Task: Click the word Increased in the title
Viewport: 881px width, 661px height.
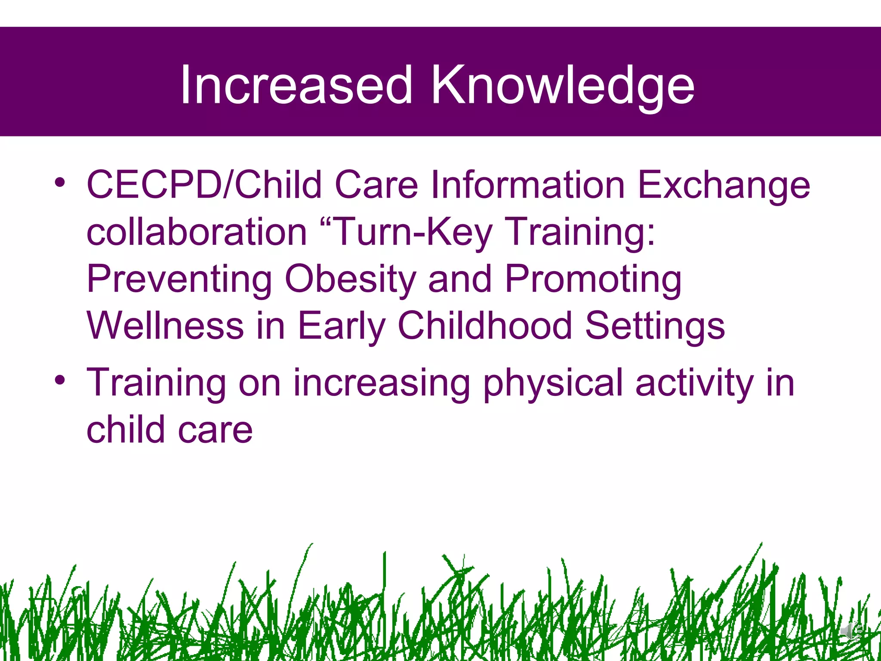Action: (296, 84)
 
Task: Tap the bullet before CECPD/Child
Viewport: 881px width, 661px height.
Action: (60, 182)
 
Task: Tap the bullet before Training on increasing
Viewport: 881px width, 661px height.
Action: (60, 380)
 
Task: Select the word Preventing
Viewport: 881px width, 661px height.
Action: (179, 280)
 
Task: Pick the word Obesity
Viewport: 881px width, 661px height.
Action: (350, 280)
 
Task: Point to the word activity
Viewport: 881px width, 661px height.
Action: (694, 383)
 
